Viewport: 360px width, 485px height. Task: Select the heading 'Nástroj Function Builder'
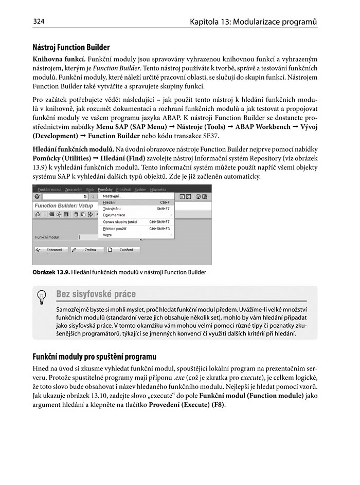pos(71,48)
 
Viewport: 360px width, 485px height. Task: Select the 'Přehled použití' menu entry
pos(115,228)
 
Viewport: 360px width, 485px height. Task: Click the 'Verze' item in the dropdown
pos(107,235)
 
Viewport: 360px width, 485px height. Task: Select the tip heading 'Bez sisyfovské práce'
pos(96,294)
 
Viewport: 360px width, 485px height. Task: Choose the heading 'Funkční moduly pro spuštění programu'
pos(95,357)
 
